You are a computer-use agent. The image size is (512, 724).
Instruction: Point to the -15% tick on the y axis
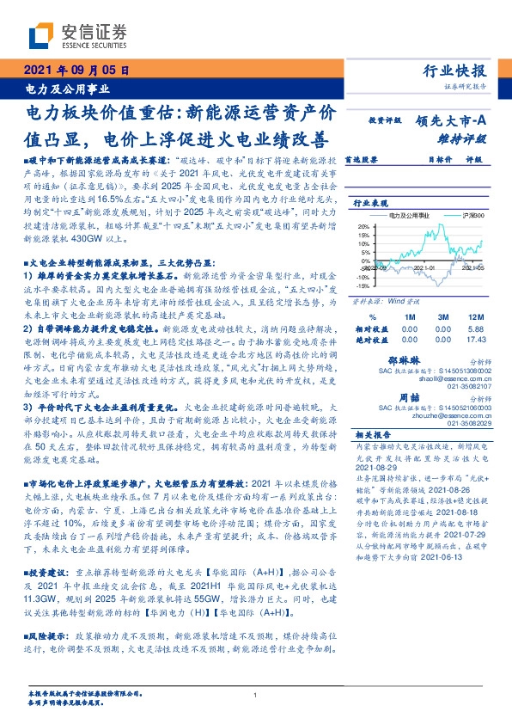(361, 287)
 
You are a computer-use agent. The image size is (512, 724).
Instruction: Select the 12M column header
(475, 317)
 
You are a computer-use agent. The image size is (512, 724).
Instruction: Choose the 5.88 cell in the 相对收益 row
(475, 329)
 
